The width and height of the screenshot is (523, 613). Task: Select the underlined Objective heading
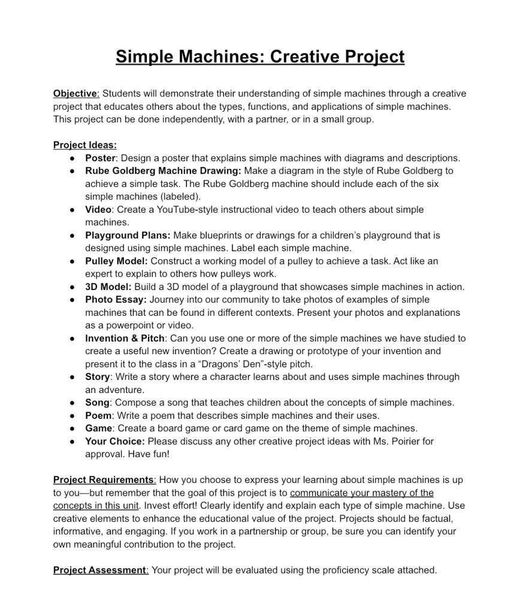75,93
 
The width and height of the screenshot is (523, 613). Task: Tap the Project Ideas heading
84,145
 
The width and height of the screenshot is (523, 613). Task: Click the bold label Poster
100,158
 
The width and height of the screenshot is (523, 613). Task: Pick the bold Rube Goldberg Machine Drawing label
163,171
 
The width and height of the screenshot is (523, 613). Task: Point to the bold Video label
98,210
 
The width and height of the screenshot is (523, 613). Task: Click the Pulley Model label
116,261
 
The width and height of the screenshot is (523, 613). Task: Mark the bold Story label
98,377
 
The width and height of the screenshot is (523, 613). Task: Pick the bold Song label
97,403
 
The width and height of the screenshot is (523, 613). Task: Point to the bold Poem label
98,416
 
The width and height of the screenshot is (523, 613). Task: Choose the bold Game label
98,428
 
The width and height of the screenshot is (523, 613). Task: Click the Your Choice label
115,442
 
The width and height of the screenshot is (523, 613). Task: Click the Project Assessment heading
100,570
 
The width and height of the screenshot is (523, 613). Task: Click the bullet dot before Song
72,403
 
